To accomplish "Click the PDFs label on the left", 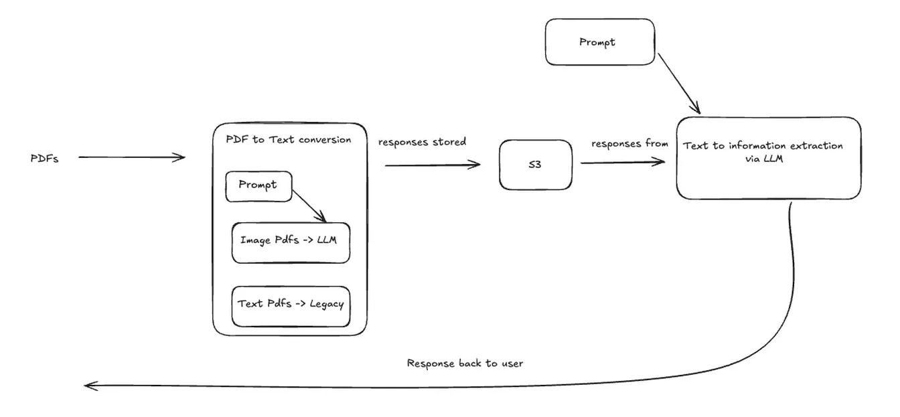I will [45, 159].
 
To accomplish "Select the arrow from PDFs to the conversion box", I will [131, 157].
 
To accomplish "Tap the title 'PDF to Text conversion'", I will [288, 140].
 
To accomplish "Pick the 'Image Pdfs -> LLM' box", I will [291, 242].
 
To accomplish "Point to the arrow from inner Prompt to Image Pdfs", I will [309, 205].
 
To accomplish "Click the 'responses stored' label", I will [422, 143].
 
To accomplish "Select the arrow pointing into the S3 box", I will [433, 165].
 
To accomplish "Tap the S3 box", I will [536, 165].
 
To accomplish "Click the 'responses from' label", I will [629, 144].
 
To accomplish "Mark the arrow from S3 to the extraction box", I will [623, 162].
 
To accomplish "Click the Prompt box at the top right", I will [599, 42].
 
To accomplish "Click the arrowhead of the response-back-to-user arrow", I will [90, 386].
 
